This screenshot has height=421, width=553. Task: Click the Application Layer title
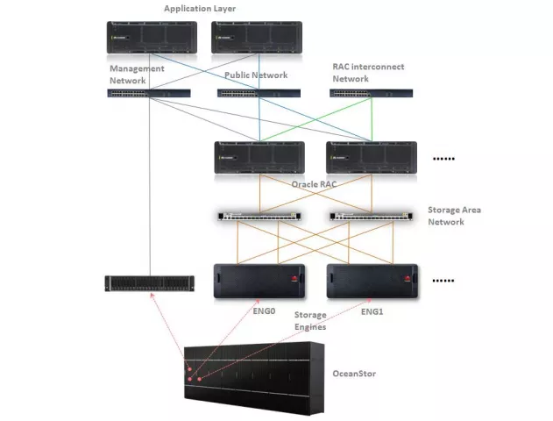tap(201, 9)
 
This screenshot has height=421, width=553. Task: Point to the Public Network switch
tap(259, 93)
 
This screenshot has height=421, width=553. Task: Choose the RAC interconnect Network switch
tap(372, 93)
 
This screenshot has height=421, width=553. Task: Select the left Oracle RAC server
tap(259, 158)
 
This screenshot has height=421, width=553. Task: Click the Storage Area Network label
tap(454, 216)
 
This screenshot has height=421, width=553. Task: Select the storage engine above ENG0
tap(259, 282)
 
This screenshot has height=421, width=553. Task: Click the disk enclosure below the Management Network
tap(148, 282)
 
